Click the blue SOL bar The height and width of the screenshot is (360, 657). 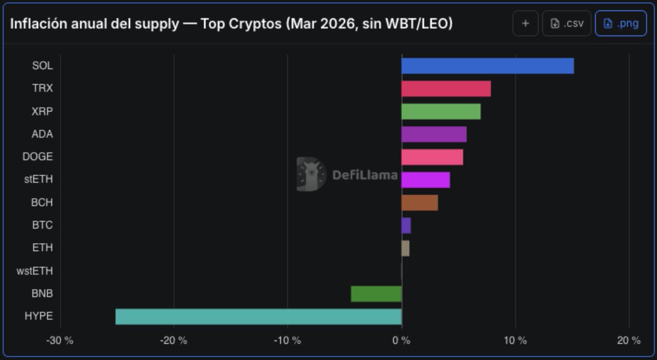pyautogui.click(x=487, y=66)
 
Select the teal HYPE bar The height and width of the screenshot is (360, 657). pyautogui.click(x=258, y=316)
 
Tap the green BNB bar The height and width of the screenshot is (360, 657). pyautogui.click(x=376, y=294)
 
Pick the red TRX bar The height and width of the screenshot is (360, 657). pyautogui.click(x=446, y=89)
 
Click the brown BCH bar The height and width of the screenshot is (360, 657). pyautogui.click(x=419, y=202)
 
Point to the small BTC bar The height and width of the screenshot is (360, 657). pyautogui.click(x=406, y=225)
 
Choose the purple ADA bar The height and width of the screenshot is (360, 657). pyautogui.click(x=434, y=134)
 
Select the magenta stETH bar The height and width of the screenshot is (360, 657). pyautogui.click(x=425, y=179)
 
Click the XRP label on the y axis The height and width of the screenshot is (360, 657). pyautogui.click(x=42, y=111)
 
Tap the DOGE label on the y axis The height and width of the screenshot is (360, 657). pyautogui.click(x=37, y=156)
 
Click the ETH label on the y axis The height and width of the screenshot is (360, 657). pyautogui.click(x=42, y=248)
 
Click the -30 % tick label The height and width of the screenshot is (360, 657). pyautogui.click(x=60, y=340)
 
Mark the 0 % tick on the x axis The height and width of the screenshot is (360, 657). pyautogui.click(x=401, y=340)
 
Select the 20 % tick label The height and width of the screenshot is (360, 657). pyautogui.click(x=629, y=340)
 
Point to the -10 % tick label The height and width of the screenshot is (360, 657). pyautogui.click(x=287, y=340)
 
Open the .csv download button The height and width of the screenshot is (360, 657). pyautogui.click(x=567, y=24)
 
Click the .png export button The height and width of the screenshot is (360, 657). pyautogui.click(x=620, y=24)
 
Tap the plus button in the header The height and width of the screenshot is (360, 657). pyautogui.click(x=526, y=24)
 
